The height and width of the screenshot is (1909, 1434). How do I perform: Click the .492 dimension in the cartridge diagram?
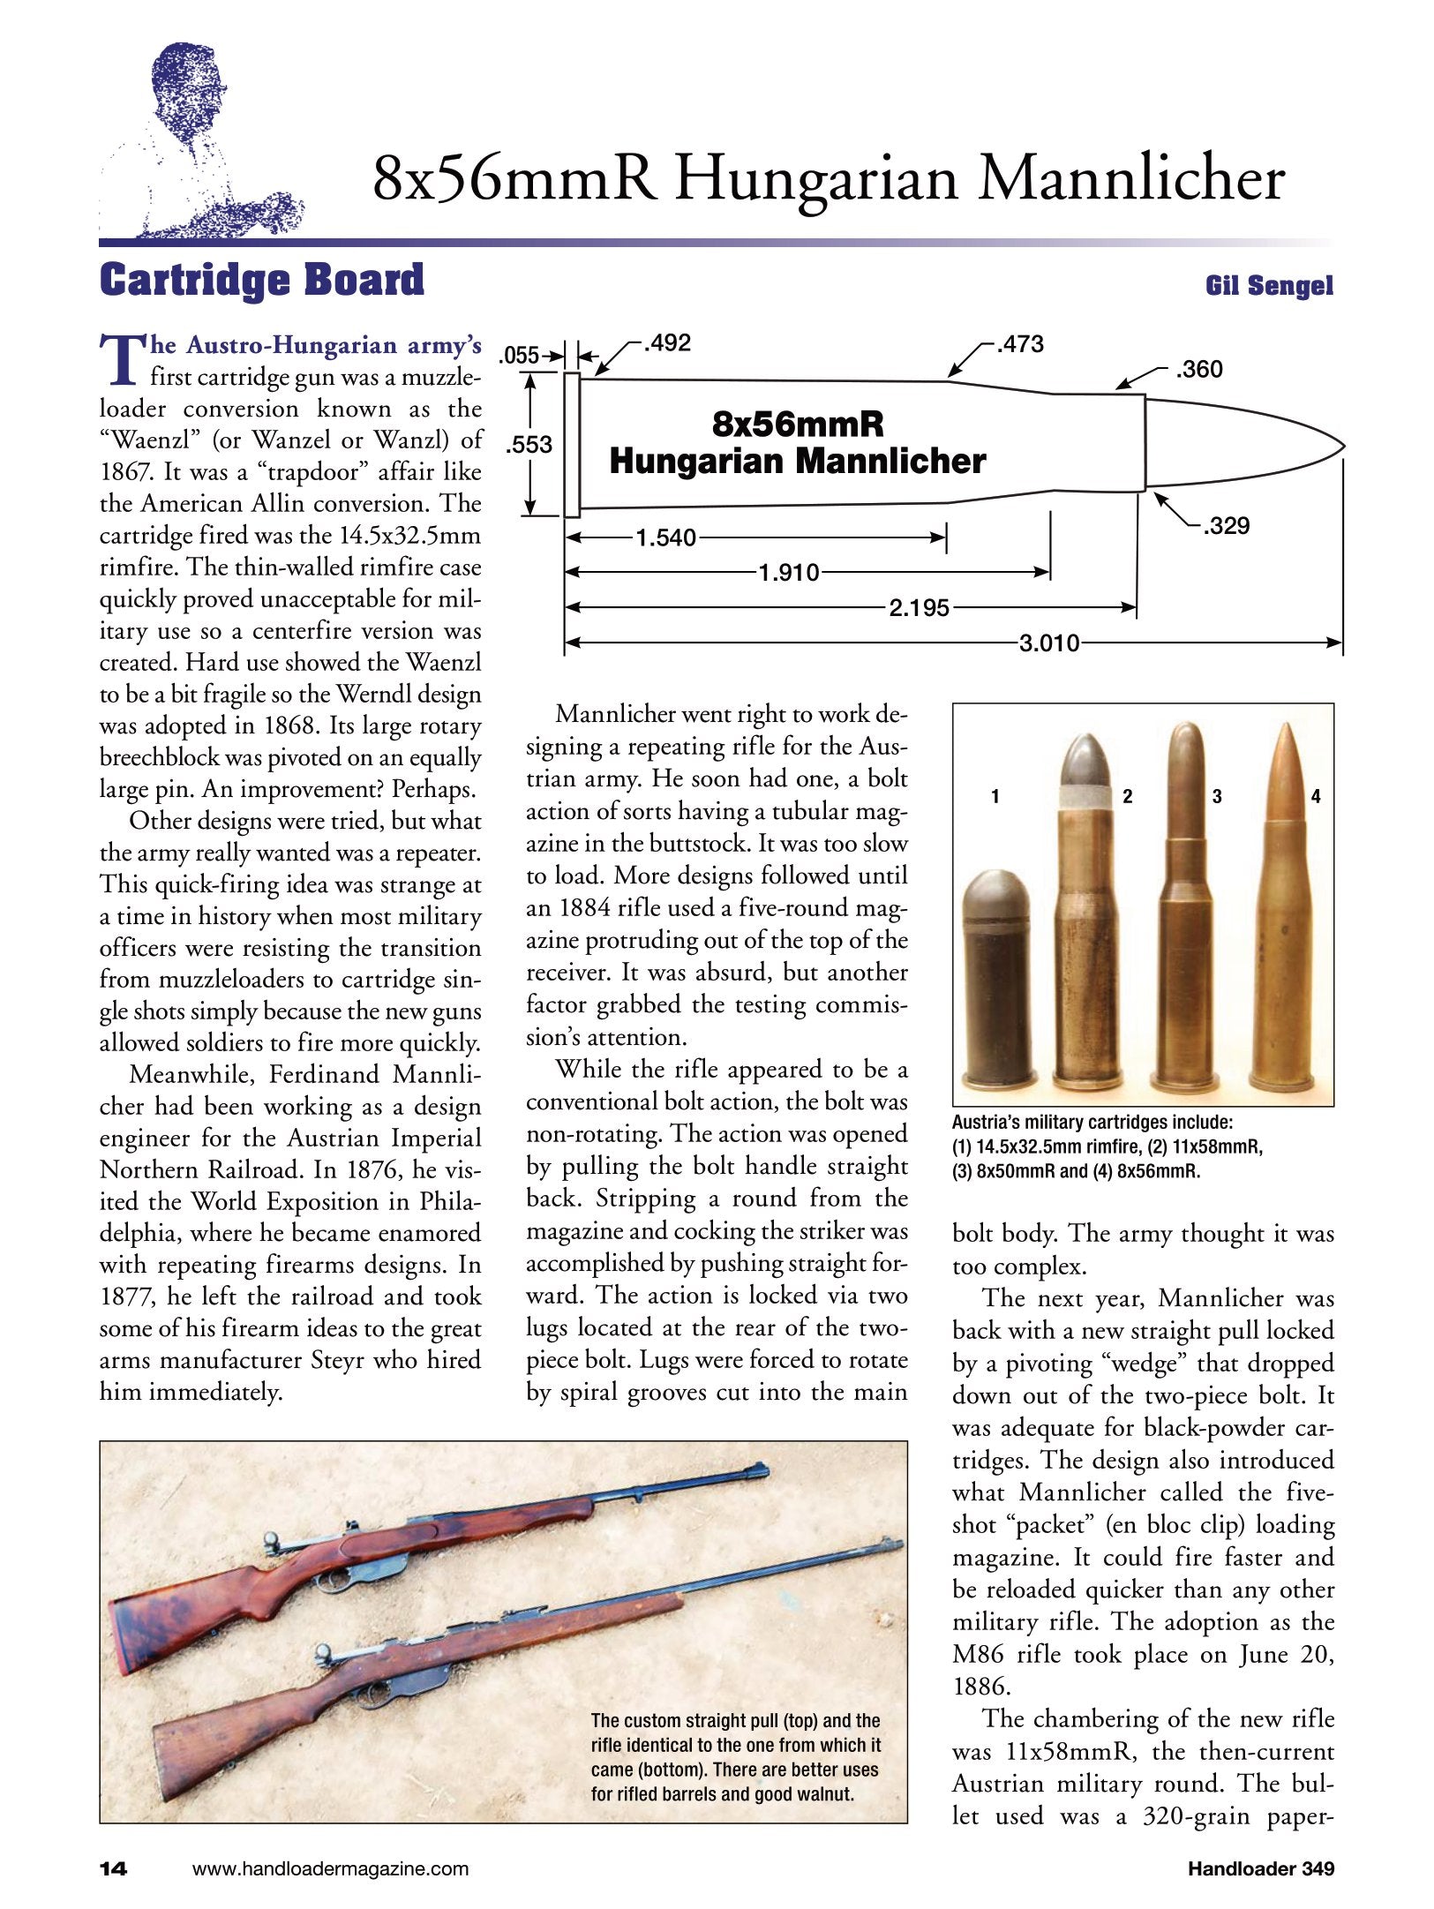667,343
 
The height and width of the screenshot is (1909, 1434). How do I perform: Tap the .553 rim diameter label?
529,445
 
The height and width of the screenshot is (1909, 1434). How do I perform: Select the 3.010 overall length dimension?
1049,643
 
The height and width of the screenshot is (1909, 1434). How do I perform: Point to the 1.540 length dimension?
665,537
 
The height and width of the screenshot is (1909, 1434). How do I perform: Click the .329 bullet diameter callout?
1227,527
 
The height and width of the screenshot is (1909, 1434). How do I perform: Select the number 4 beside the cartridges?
1315,797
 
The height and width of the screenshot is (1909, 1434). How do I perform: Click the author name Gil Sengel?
1269,286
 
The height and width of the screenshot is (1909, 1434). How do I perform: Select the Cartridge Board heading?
262,281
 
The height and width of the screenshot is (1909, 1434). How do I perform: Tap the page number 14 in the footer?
114,1868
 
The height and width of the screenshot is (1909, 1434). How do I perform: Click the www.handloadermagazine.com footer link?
330,1868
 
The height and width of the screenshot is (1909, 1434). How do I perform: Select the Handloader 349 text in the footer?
1260,1868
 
